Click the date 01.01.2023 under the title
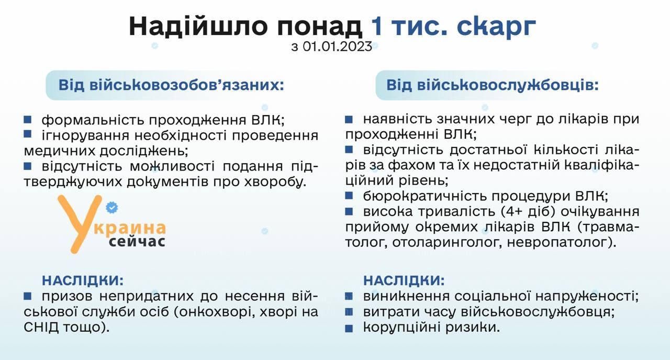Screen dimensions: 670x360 (338, 47)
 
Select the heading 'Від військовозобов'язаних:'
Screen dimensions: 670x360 (171, 85)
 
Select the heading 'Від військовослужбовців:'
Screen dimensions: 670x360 (493, 85)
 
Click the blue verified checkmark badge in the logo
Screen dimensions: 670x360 (112, 207)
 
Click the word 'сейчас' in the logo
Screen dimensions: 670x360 (137, 242)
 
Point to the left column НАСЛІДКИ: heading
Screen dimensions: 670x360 (83, 281)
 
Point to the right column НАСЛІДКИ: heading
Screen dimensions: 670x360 (404, 281)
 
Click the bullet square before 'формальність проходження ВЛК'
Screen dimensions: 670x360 (28, 120)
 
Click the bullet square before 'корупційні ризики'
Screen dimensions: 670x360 (349, 329)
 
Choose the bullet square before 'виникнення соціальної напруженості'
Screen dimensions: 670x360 (349, 296)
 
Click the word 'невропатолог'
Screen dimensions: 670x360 (562, 242)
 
